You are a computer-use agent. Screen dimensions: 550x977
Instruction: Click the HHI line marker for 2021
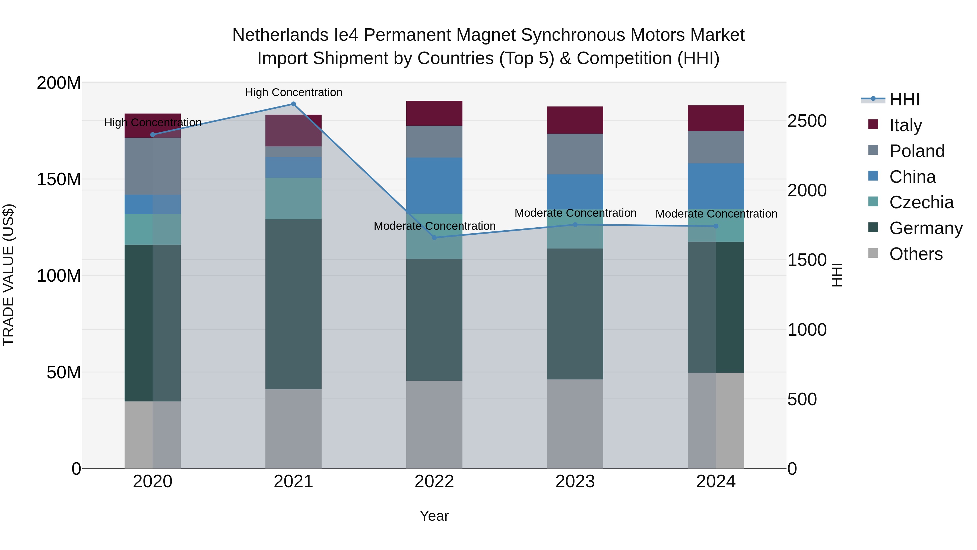[293, 104]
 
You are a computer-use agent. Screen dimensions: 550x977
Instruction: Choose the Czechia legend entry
[921, 202]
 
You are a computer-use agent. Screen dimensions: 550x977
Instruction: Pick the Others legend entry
[916, 254]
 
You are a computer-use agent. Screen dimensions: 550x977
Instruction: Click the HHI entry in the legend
[904, 99]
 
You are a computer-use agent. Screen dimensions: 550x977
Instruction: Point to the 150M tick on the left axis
[59, 179]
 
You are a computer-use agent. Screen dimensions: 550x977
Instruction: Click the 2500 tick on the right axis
[807, 121]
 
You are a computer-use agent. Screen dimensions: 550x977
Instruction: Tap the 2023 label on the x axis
[575, 482]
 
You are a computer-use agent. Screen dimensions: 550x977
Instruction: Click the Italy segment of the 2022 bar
[434, 113]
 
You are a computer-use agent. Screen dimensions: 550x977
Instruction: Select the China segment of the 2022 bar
[434, 185]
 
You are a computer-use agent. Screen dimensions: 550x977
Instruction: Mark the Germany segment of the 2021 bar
[293, 304]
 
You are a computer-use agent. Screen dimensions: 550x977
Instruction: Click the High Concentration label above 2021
[294, 92]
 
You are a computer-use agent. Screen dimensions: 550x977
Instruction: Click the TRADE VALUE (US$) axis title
[8, 275]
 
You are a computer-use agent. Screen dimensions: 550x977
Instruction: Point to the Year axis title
[434, 516]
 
